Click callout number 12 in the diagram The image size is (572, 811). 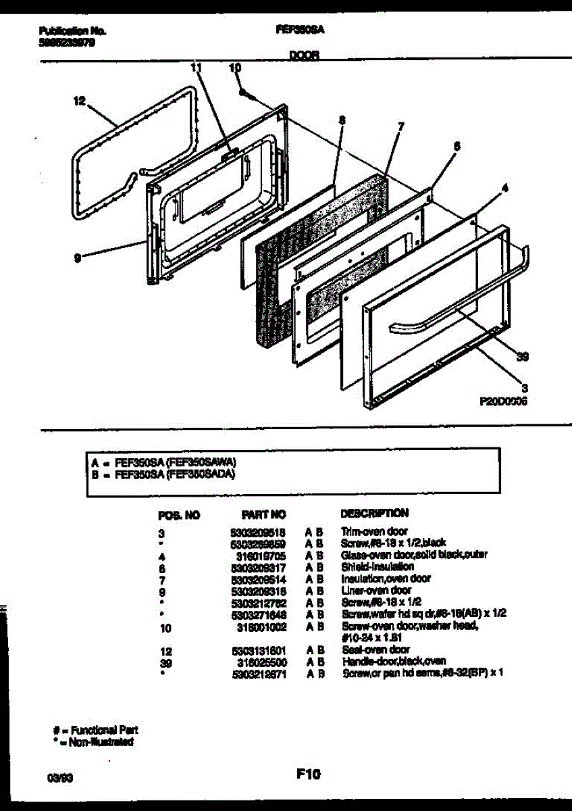pos(79,101)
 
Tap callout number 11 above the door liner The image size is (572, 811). pos(196,68)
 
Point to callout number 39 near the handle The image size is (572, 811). pos(522,359)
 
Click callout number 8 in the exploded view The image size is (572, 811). pos(342,120)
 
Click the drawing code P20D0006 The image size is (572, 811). pos(503,400)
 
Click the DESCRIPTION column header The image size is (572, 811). pos(374,513)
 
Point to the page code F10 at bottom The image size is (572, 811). pos(308,775)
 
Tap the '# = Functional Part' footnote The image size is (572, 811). pos(95,730)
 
